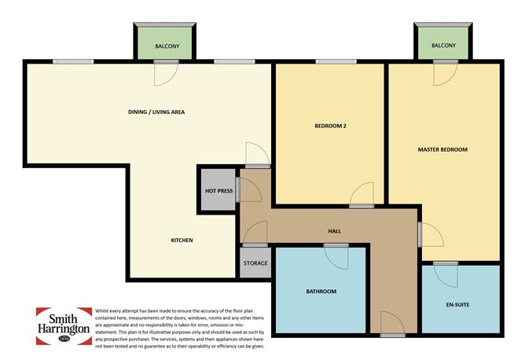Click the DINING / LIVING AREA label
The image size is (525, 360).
point(156,112)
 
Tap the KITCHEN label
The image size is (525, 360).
point(182,240)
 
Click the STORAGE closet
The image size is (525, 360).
point(255,263)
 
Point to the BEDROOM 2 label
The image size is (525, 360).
point(330,126)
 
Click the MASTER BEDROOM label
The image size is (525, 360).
point(442,149)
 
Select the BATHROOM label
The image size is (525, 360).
point(321,292)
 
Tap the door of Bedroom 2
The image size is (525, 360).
point(362,196)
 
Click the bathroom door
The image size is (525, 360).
point(336,255)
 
